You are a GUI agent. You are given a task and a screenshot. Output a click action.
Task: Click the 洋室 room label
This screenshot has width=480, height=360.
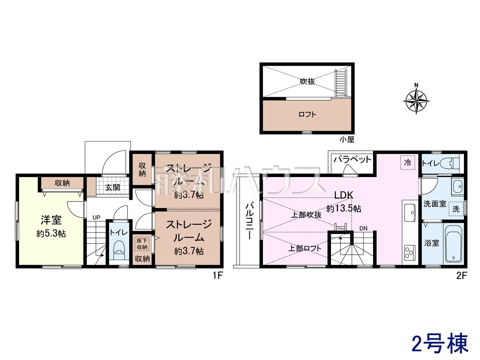point(51,220)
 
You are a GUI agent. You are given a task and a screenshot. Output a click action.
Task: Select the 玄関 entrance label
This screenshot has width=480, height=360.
point(112,187)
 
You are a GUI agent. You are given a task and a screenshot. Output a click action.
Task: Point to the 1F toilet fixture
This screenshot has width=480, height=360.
point(119,250)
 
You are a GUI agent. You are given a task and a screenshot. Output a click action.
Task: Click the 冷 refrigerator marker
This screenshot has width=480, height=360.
point(408,162)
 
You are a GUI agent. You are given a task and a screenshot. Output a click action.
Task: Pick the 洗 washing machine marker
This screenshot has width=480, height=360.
point(456,209)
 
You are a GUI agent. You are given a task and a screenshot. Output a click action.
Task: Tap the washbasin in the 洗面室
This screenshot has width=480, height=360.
point(457,187)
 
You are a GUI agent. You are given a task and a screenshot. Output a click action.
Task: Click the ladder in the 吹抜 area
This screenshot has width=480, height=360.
point(341,83)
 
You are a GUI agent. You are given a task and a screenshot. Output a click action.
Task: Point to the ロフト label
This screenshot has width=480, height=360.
point(307,114)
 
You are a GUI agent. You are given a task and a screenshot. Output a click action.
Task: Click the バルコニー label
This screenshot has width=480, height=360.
point(249,221)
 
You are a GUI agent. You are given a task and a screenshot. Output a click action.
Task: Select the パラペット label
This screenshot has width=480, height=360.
point(352,160)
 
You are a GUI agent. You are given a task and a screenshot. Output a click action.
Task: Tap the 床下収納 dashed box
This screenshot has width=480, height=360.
point(142,244)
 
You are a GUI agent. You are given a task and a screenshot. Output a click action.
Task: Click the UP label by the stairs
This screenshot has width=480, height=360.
point(96,217)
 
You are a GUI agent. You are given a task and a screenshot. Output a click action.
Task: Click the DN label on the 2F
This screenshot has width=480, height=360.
point(363,229)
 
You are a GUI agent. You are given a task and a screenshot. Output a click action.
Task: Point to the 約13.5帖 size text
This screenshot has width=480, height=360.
point(343,208)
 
